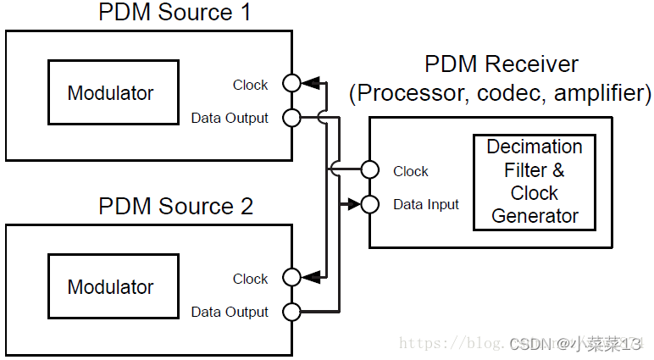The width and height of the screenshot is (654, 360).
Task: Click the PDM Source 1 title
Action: point(175,13)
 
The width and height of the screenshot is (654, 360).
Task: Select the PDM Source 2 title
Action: point(175,206)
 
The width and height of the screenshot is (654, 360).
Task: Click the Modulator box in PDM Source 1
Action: point(111,93)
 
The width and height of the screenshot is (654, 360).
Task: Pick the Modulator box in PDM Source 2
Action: point(111,287)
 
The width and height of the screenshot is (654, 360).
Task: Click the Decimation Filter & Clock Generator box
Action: point(535,181)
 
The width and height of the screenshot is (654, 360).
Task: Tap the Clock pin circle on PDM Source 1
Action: point(292,83)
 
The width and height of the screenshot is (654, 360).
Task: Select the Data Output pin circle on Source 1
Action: point(292,118)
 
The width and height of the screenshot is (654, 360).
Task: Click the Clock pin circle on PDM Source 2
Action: point(292,277)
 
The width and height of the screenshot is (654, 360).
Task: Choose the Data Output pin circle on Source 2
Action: point(292,312)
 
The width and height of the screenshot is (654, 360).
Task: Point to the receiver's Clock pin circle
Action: point(369,169)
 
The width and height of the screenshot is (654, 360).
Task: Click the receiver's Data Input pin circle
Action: point(369,204)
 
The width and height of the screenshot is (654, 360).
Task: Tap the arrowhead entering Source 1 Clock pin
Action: point(312,83)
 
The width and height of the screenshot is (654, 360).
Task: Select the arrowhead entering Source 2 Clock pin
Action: point(312,277)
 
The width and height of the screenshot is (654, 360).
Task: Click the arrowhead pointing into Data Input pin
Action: point(350,204)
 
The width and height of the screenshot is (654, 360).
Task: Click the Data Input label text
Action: point(426,205)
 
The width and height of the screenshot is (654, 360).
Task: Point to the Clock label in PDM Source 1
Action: point(250,85)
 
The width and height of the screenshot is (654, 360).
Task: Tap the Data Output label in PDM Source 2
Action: point(230,313)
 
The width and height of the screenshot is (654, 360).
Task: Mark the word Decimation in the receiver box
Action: point(535,147)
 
